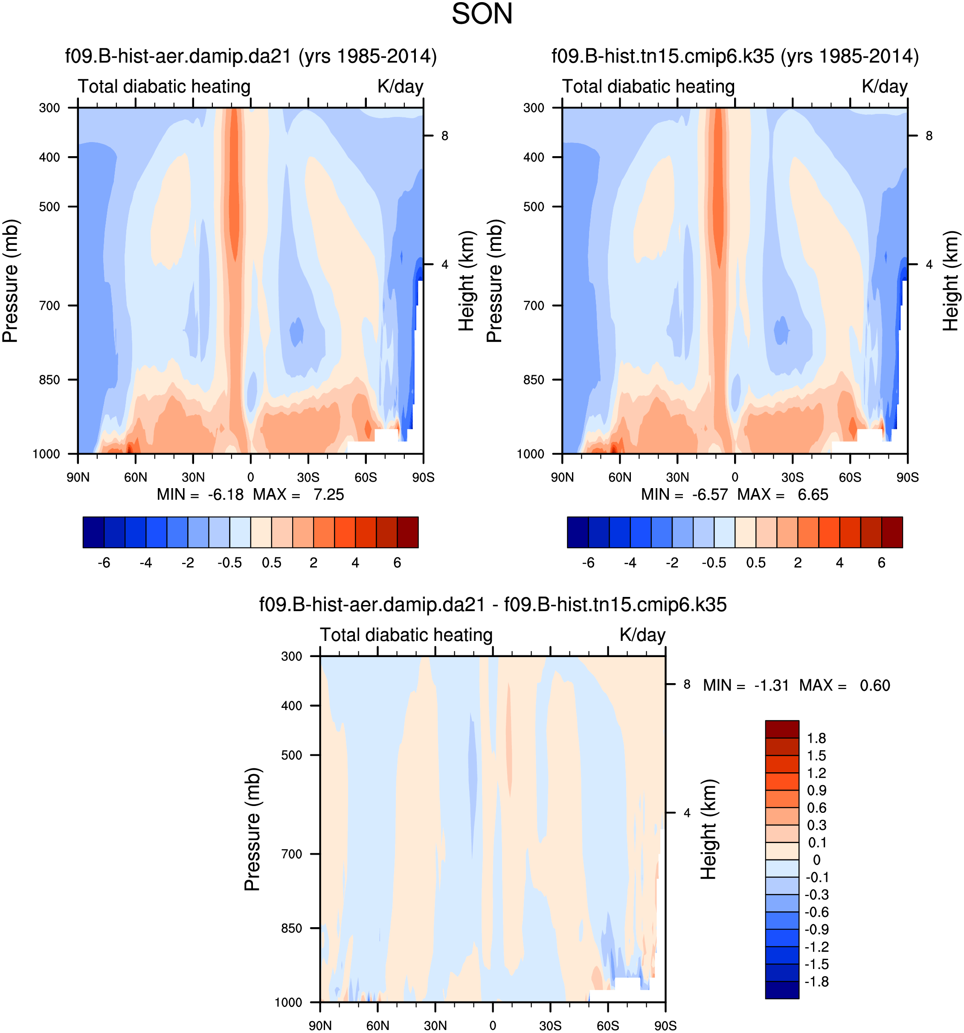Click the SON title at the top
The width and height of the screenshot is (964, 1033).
482,15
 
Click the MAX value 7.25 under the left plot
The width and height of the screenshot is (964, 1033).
328,495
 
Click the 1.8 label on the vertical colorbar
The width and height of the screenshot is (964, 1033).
816,739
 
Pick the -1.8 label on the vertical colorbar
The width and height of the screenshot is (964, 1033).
816,981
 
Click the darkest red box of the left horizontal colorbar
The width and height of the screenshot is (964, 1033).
408,532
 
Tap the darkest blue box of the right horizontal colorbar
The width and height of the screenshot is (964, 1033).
578,532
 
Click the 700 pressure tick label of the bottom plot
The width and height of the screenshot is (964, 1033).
291,854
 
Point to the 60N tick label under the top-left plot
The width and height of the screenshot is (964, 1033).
136,477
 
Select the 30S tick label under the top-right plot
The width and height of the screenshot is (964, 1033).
792,477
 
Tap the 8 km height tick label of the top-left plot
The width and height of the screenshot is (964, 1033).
444,136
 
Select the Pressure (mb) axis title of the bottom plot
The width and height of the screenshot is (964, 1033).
253,829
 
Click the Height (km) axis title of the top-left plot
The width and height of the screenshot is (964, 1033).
466,281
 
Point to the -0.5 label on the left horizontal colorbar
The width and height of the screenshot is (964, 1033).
229,563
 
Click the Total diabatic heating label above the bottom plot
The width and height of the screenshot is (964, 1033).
406,635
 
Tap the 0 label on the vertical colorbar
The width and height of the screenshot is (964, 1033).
816,860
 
